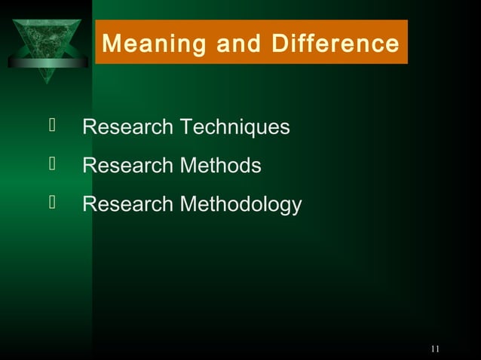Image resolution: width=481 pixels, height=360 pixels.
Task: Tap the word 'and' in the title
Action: coord(234,44)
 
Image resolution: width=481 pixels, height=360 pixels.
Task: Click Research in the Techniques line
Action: coord(127,127)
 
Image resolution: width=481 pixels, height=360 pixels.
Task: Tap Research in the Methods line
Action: coord(127,166)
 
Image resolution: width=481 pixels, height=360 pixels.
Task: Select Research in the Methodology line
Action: coord(127,204)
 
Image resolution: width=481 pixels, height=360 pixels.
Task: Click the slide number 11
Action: coord(434,348)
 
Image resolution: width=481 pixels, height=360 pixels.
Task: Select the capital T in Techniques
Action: coord(185,127)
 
